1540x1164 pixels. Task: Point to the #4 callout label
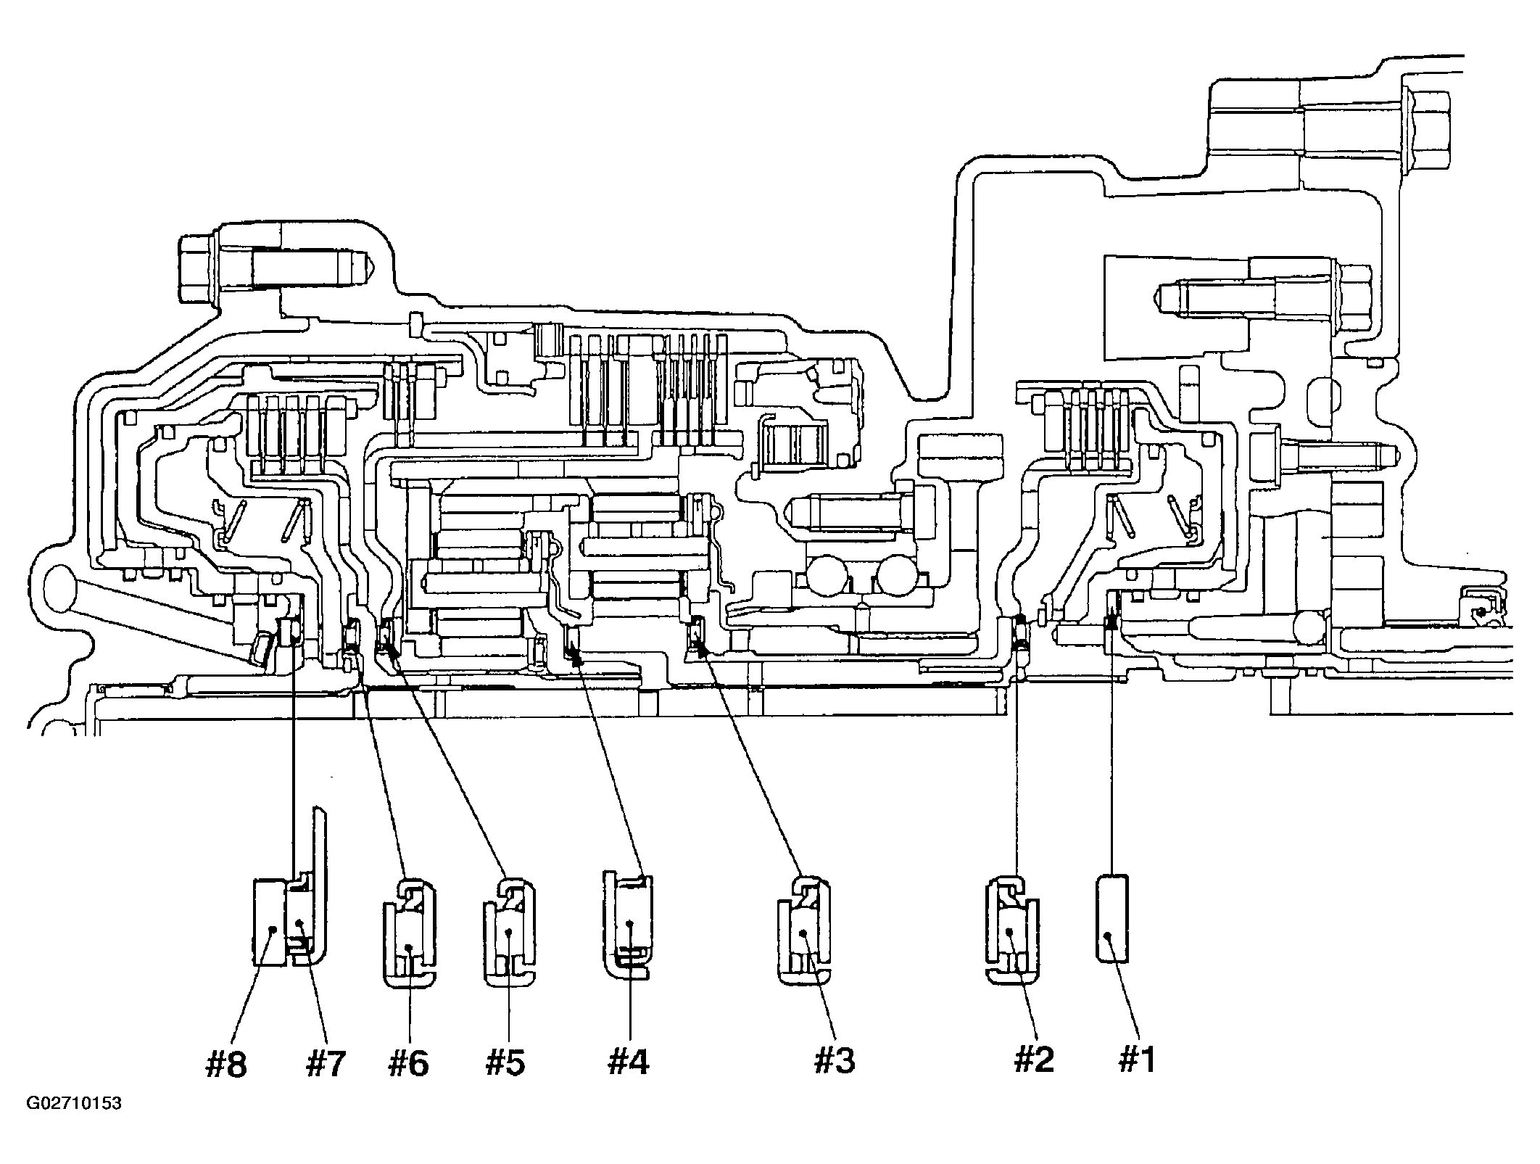point(629,1062)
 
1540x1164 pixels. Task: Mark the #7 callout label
point(325,1064)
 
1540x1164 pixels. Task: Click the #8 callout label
point(226,1064)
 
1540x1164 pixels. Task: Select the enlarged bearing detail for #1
point(1111,919)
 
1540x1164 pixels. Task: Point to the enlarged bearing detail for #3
point(803,932)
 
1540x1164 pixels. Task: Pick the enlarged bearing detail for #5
point(509,933)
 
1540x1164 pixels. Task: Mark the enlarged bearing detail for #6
point(408,933)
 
